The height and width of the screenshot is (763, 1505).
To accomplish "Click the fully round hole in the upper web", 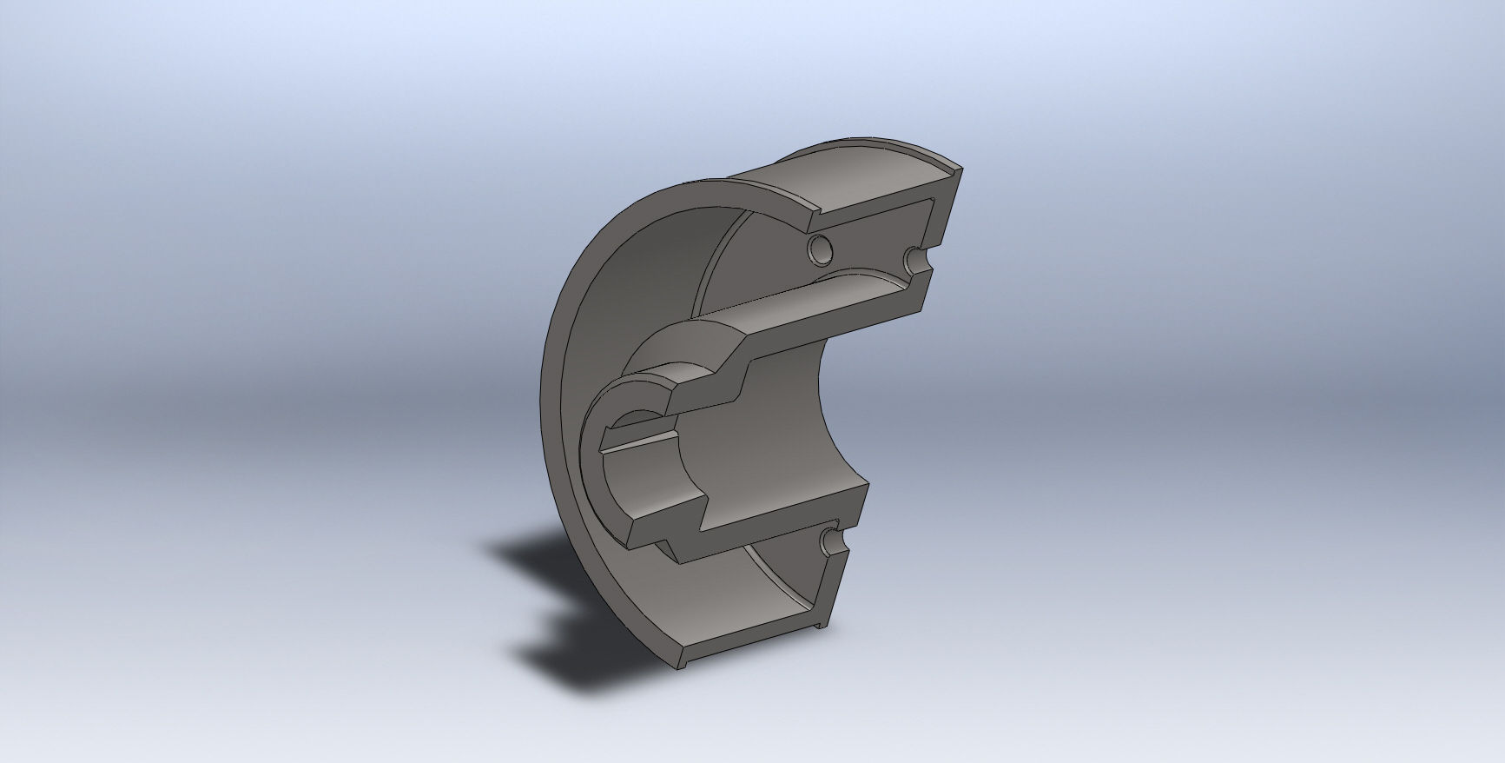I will point(818,250).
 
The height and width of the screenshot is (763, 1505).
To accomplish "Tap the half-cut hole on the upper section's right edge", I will point(915,258).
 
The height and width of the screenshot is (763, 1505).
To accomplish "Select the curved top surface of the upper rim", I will point(868,174).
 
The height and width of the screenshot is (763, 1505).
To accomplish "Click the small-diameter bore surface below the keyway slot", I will point(643,487).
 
